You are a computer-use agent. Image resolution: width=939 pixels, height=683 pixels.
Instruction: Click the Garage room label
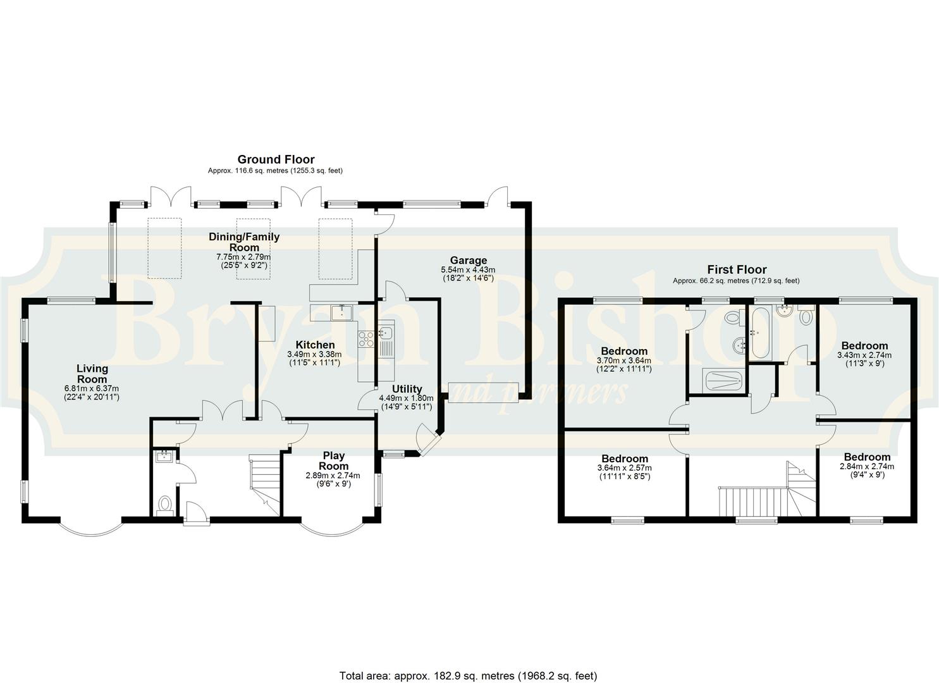[469, 261]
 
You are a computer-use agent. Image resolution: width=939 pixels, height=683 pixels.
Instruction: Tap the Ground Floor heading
[276, 159]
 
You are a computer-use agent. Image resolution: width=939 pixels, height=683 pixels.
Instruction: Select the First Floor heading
[737, 269]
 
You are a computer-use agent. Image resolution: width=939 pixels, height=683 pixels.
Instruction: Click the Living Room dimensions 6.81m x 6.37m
[92, 388]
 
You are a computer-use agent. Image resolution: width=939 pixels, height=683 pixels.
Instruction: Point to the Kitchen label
[316, 345]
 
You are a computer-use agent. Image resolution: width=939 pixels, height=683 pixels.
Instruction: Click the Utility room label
[407, 389]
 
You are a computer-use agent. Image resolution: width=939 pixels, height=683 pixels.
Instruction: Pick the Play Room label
[334, 460]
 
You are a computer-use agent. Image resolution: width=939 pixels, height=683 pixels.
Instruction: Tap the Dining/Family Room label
[244, 242]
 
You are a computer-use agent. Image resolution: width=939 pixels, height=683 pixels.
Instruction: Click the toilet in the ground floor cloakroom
[165, 505]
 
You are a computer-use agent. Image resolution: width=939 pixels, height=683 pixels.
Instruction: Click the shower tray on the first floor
[723, 381]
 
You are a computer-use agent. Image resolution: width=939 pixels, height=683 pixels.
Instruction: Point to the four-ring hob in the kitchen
[366, 338]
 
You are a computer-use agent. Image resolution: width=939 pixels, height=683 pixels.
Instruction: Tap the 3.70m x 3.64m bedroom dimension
[624, 360]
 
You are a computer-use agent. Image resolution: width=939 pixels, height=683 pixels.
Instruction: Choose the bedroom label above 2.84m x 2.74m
[867, 457]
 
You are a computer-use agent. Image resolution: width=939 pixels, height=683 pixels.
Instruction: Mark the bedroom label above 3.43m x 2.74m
[864, 345]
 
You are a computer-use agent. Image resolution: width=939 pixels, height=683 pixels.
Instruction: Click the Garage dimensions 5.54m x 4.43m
[468, 269]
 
